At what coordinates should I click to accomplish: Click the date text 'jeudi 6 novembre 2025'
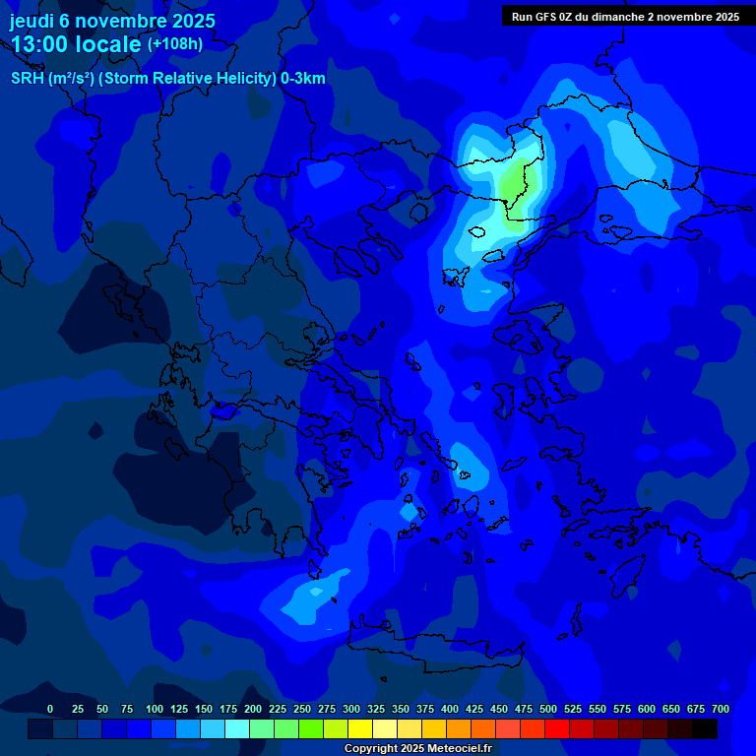pyautogui.click(x=112, y=21)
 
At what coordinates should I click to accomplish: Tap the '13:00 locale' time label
pyautogui.click(x=76, y=44)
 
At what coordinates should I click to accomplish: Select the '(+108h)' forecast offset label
pyautogui.click(x=175, y=44)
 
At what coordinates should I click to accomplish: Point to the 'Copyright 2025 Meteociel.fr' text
pyautogui.click(x=418, y=748)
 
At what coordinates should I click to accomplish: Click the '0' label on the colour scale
pyautogui.click(x=50, y=709)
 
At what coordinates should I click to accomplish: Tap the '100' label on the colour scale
pyautogui.click(x=155, y=709)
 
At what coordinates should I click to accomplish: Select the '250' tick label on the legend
pyautogui.click(x=302, y=709)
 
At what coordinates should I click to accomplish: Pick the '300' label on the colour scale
pyautogui.click(x=351, y=709)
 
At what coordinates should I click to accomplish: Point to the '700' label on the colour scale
pyautogui.click(x=720, y=709)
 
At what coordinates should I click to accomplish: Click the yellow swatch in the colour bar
pyautogui.click(x=360, y=728)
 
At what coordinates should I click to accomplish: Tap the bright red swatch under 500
pyautogui.click(x=557, y=728)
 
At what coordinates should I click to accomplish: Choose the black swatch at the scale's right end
pyautogui.click(x=705, y=728)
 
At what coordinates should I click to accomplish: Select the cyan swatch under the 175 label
pyautogui.click(x=237, y=728)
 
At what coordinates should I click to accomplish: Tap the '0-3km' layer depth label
pyautogui.click(x=303, y=79)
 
